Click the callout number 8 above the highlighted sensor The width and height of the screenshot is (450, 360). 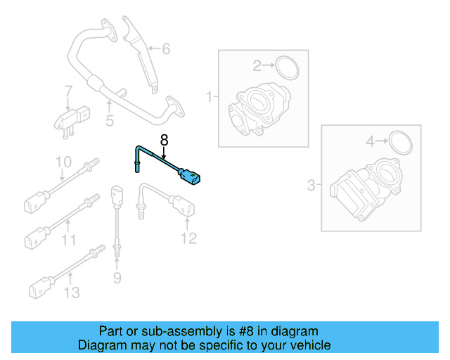point(165,139)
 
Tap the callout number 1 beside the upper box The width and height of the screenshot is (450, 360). point(209,96)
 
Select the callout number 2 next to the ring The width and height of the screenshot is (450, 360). point(257,66)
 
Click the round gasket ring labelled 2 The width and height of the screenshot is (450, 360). point(287,67)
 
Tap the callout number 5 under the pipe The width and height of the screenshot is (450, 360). point(110,121)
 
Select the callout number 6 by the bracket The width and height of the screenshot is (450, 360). point(166,49)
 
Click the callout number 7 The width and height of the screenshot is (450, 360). point(68,91)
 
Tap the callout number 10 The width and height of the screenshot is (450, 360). point(63,162)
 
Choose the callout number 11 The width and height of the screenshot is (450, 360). point(68,241)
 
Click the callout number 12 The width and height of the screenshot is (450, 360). point(188,239)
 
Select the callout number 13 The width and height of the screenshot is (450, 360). point(72,292)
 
